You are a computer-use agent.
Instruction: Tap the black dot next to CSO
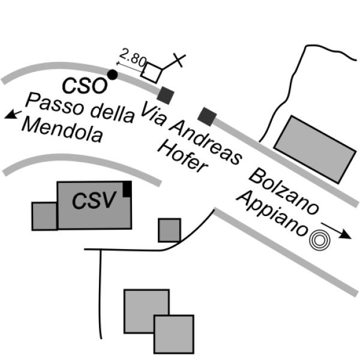[x=112, y=75]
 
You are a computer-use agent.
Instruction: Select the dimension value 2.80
[x=133, y=59]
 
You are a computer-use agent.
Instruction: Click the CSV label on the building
[x=93, y=200]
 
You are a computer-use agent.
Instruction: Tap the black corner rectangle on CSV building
[x=127, y=188]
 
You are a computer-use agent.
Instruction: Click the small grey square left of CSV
[x=44, y=216]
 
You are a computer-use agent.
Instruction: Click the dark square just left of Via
[x=166, y=94]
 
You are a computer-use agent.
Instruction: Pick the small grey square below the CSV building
[x=169, y=230]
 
